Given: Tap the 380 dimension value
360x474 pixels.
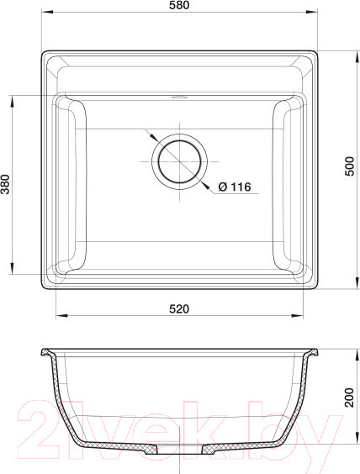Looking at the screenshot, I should click(x=6, y=185).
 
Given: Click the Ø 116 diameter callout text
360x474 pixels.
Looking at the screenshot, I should click(x=235, y=187).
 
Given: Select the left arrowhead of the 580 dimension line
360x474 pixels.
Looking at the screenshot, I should click(x=43, y=14).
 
